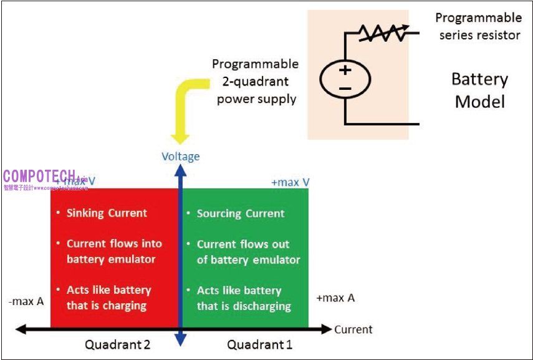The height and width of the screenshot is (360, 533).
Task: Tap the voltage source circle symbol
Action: pyautogui.click(x=345, y=79)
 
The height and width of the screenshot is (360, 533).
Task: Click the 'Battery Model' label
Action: pyautogui.click(x=479, y=90)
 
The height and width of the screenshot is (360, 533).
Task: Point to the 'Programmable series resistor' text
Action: pyautogui.click(x=479, y=26)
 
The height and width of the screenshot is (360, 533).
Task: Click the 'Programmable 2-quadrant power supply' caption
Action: pyautogui.click(x=256, y=82)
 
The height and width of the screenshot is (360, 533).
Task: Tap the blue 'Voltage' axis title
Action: pyautogui.click(x=181, y=157)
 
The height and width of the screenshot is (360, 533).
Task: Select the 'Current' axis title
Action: pyautogui.click(x=353, y=329)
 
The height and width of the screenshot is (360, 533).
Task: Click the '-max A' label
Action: pyautogui.click(x=26, y=301)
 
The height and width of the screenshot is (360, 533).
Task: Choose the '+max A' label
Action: pyautogui.click(x=335, y=298)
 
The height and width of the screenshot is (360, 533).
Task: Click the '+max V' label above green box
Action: pyautogui.click(x=291, y=182)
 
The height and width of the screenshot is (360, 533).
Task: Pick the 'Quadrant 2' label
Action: pyautogui.click(x=117, y=344)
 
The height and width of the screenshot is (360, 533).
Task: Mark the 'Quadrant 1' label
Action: pyautogui.click(x=259, y=344)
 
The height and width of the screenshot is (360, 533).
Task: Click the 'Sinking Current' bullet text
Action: pyautogui.click(x=107, y=213)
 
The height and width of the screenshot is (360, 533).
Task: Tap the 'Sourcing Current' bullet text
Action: pyautogui.click(x=241, y=213)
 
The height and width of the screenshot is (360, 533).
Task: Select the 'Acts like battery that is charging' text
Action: pyautogui.click(x=108, y=298)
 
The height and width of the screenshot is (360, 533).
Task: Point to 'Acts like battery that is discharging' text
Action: pyautogui.click(x=243, y=298)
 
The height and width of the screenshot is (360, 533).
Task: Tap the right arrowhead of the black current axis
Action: pyautogui.click(x=328, y=329)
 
